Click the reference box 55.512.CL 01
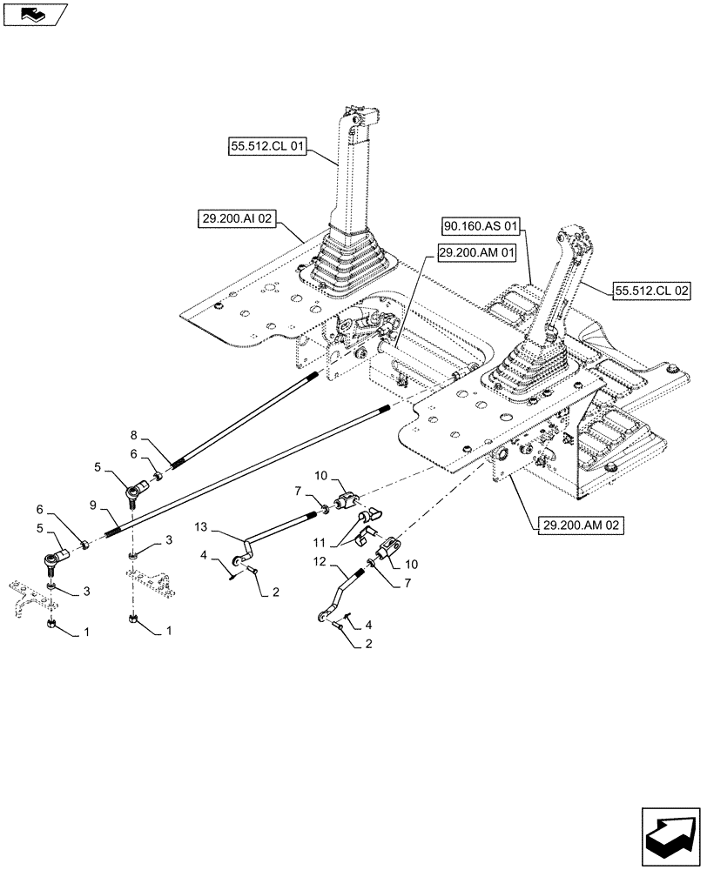pyautogui.click(x=266, y=149)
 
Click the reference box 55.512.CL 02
pyautogui.click(x=651, y=293)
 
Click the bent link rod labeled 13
pyautogui.click(x=270, y=535)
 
